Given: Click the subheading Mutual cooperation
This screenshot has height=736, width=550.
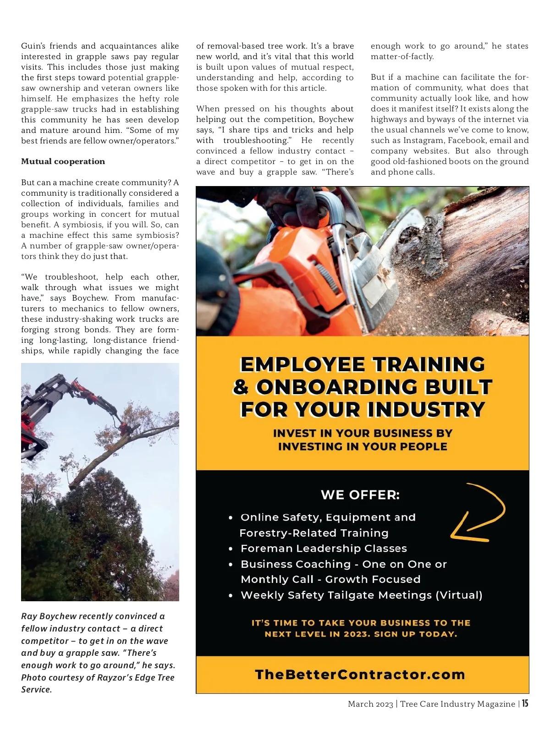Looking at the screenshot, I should (63, 161).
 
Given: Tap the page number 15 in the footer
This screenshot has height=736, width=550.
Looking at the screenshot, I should (525, 703).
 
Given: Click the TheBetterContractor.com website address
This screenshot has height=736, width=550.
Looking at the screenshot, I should (360, 675).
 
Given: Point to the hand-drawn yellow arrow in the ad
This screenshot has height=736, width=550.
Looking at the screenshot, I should (479, 512).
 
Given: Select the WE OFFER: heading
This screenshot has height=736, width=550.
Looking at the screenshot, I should (360, 495).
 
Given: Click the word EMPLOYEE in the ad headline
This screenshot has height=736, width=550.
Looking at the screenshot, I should (302, 365).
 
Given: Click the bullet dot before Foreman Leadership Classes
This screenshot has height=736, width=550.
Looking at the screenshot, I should (231, 549).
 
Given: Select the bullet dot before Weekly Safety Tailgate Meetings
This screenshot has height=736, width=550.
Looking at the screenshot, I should (231, 596).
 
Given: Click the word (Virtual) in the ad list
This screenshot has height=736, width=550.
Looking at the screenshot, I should (459, 595).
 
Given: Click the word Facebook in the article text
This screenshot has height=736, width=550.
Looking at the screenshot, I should (467, 140).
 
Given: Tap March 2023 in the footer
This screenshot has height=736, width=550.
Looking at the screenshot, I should (370, 704).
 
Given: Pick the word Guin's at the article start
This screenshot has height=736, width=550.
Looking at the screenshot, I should (33, 46).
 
